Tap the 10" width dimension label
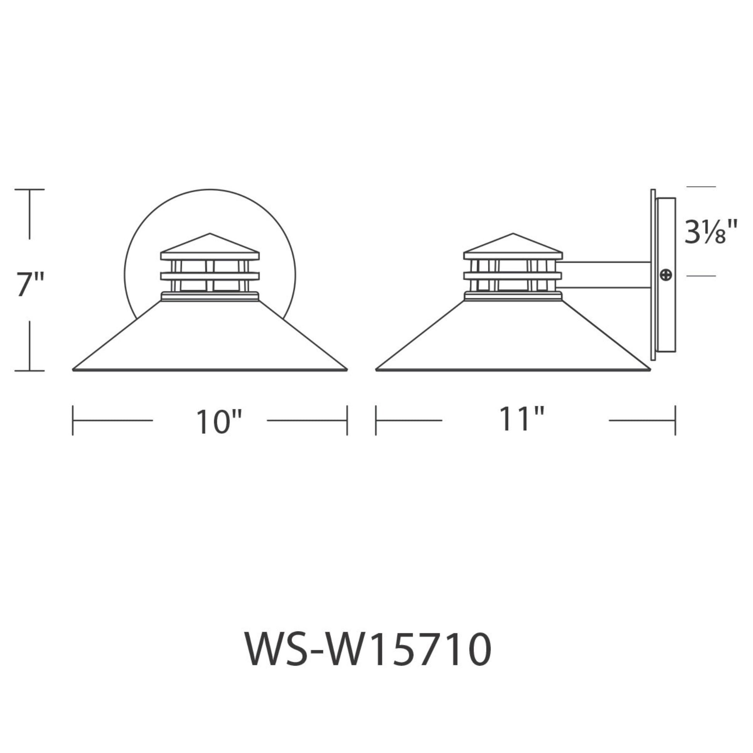(x=219, y=422)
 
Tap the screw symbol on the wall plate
(x=666, y=275)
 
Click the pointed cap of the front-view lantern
(x=210, y=243)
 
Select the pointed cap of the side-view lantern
(x=513, y=243)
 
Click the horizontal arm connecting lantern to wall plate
(x=606, y=275)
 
